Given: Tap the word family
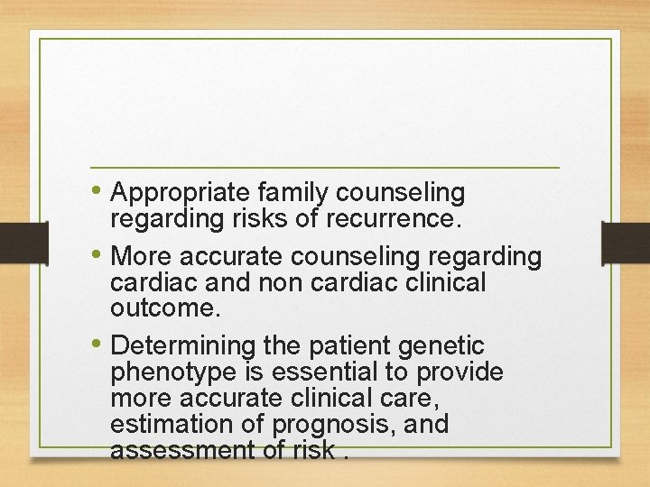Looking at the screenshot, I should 293,193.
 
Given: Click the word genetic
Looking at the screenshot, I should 442,346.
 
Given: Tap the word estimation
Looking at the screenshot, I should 163,424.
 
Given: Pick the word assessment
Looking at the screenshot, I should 172,449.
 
